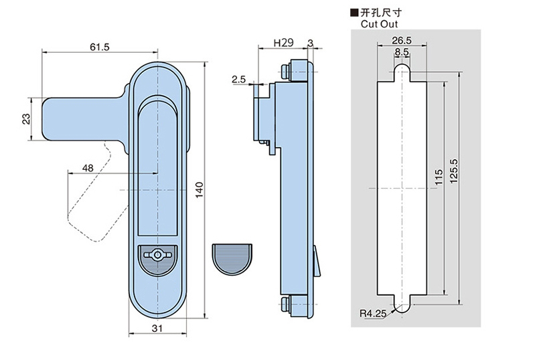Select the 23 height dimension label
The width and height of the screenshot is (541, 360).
click(26, 118)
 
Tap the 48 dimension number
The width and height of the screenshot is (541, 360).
click(88, 168)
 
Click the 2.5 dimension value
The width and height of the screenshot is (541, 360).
click(238, 80)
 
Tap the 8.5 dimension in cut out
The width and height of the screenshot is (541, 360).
click(402, 52)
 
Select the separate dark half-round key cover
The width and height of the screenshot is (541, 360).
click(231, 258)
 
